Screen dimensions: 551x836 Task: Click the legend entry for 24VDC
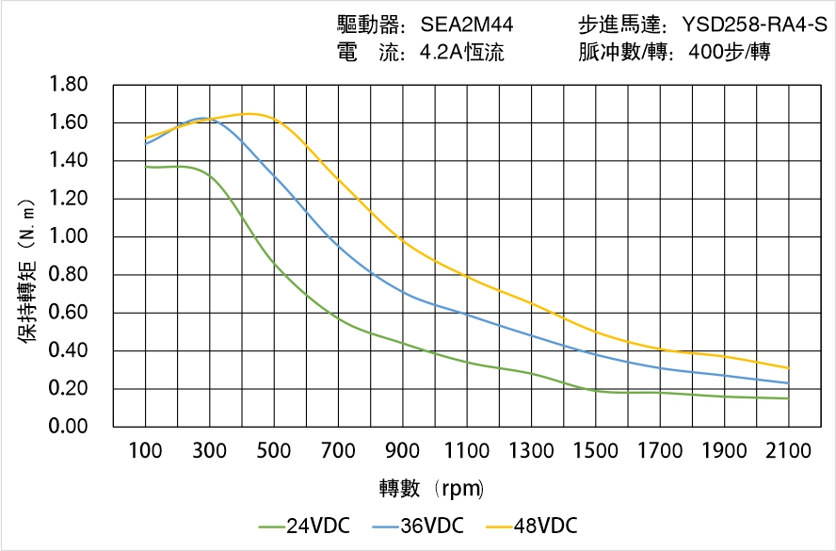pos(304,526)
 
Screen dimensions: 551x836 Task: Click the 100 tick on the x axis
pos(145,451)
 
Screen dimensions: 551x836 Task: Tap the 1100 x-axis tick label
pos(467,451)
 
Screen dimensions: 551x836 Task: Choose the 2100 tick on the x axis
pos(788,451)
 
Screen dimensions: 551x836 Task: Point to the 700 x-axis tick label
pos(338,451)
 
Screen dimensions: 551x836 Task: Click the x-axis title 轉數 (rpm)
pos(431,488)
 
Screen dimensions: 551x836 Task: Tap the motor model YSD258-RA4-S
pos(754,24)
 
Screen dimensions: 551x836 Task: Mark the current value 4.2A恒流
pos(461,53)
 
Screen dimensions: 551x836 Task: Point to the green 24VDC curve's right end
pos(788,398)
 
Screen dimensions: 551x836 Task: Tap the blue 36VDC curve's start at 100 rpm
pos(146,143)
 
